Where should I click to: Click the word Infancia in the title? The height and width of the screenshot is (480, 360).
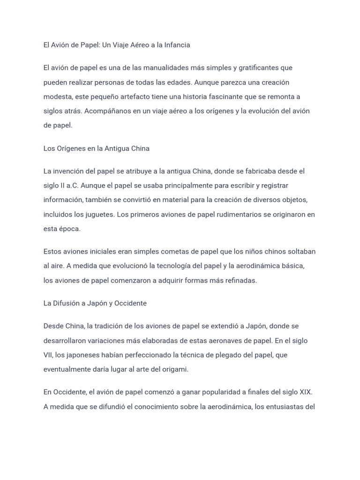coord(175,45)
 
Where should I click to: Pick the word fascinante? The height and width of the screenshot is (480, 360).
coord(231,97)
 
